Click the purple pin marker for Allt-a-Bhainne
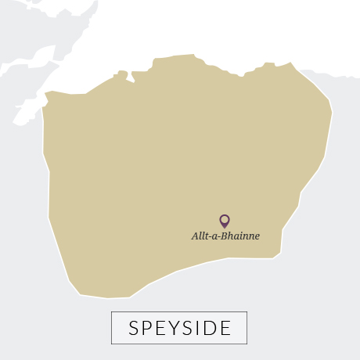[225, 221]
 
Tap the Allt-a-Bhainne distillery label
[225, 236]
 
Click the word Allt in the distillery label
[200, 236]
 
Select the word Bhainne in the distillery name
[242, 236]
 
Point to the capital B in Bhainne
[227, 236]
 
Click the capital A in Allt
[195, 236]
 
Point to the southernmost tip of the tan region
[110, 298]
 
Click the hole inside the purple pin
[225, 219]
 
